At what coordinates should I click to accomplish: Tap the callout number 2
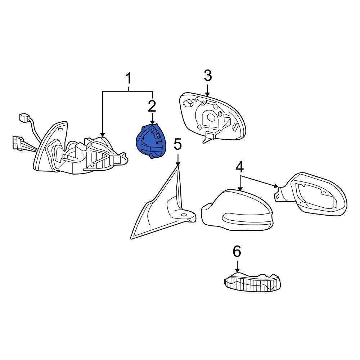pos(152,106)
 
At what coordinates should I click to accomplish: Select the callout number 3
pos(208,76)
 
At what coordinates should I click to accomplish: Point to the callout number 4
pos(239,167)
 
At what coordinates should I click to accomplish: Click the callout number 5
pos(178,144)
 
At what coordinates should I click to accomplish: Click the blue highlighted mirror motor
pos(151,141)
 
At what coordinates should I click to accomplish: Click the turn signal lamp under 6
pos(252,282)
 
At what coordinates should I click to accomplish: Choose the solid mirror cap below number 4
pos(237,210)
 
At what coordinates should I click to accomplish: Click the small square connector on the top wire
pos(24,118)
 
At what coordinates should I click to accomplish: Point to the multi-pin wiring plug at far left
pos(18,143)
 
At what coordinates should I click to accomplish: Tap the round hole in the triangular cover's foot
pos(184,215)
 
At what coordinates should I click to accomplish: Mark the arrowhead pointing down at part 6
pos(237,270)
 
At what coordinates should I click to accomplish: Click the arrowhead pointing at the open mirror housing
pos(276,186)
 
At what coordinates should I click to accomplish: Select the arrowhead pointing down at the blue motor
pos(152,123)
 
